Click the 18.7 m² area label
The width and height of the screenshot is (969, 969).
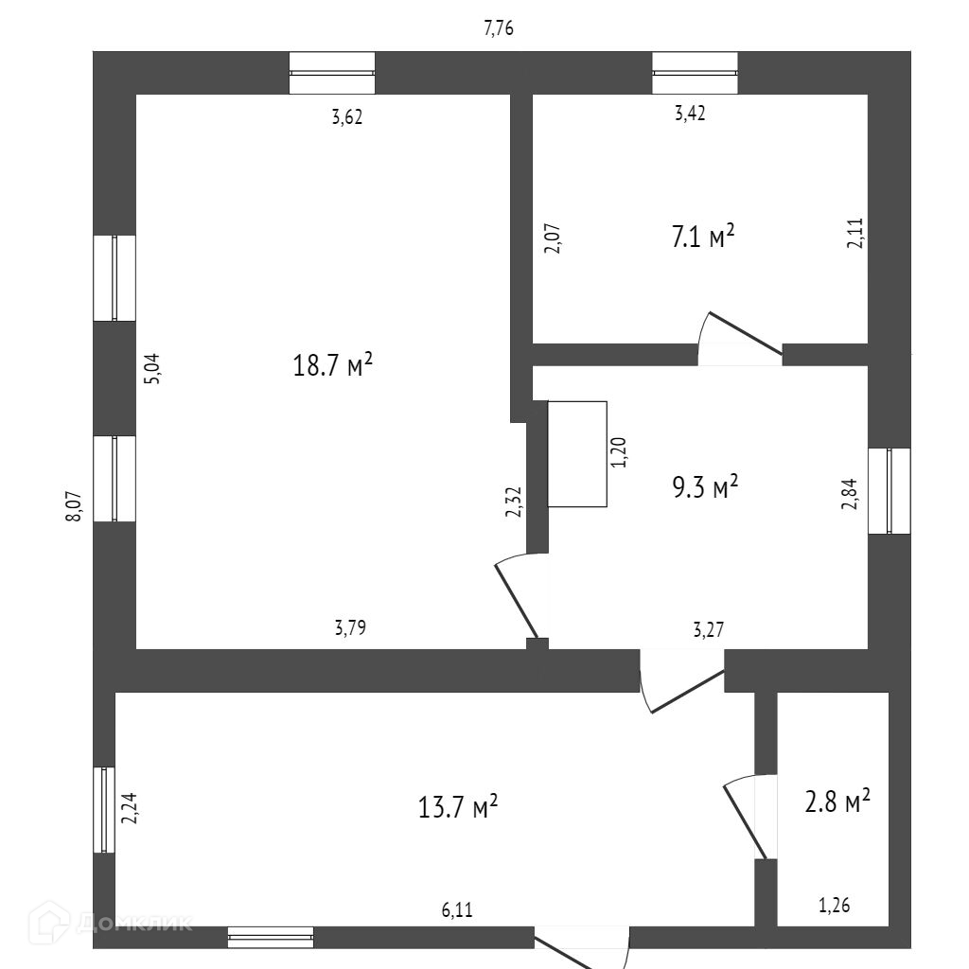[332, 364]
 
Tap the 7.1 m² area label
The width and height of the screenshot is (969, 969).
[703, 237]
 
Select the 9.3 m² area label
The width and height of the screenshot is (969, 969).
[704, 488]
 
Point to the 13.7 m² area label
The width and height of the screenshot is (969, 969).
[458, 807]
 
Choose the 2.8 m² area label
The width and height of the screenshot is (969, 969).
[837, 802]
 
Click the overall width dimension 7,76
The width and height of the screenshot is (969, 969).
[499, 28]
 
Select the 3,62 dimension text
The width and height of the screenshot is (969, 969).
[346, 118]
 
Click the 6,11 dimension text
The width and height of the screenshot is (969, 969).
[457, 910]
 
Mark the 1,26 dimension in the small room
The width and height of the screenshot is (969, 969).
[834, 906]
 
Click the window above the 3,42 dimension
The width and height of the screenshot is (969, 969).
[695, 73]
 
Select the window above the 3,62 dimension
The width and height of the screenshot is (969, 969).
[331, 73]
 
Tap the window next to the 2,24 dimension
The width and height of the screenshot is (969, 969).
[104, 809]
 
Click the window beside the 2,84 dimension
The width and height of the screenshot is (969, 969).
[889, 490]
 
